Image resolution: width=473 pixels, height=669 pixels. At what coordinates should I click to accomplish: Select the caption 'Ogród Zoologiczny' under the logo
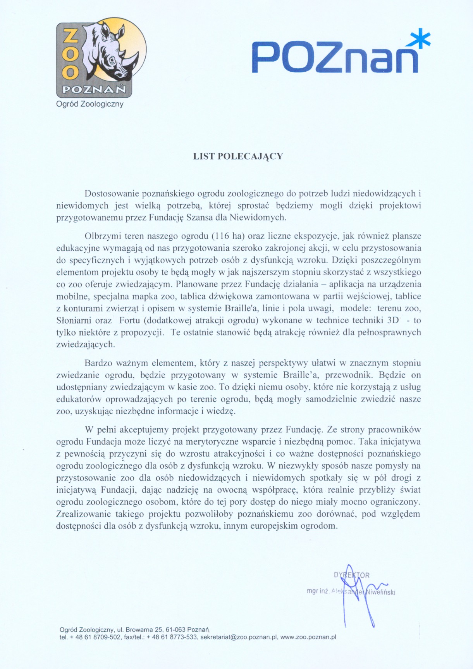point(90,104)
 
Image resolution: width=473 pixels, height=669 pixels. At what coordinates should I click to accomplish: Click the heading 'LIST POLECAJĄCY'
point(238,156)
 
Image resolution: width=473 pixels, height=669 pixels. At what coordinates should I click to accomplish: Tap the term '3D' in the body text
point(393,321)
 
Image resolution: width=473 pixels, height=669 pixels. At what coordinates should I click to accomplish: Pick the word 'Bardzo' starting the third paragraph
point(97,363)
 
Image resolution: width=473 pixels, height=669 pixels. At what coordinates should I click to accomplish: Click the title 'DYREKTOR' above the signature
point(352,575)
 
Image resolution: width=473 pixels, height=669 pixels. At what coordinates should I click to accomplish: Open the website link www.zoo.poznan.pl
point(308,637)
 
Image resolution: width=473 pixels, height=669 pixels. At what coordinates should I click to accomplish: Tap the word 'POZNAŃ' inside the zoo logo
point(94,90)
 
